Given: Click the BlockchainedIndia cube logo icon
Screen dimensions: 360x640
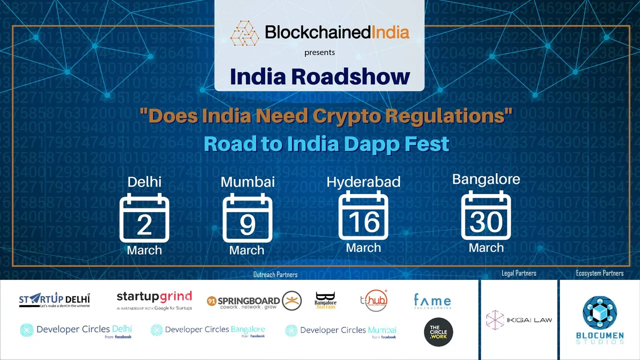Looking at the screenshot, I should pos(244,33).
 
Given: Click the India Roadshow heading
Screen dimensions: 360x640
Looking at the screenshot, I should pos(319,76).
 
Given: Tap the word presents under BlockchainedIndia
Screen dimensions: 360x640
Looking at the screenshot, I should pos(319,52).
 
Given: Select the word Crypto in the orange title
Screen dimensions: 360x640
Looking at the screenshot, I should pos(349,116).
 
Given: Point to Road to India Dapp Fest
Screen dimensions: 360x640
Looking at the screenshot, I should pos(326,143).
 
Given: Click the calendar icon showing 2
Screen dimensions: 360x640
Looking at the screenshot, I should pos(144,218).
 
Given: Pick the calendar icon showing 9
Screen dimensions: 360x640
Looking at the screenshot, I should pos(247,218).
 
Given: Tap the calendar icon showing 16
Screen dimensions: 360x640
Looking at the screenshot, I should pos(363,216).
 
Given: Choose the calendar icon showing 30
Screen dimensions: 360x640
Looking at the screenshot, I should pos(486,216).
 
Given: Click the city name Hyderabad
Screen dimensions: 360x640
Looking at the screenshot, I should pos(363,182).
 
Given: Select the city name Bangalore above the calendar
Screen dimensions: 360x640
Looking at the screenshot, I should pos(486,179).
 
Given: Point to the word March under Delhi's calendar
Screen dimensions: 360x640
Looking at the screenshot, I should pos(144,250).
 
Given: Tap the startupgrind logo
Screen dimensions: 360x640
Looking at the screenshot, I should pos(154,300).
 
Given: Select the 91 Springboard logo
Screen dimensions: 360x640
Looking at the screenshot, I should pos(254,301).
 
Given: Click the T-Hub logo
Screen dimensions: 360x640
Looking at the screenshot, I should pos(373,300).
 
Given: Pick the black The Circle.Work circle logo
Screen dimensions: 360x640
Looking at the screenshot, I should pos(438,332).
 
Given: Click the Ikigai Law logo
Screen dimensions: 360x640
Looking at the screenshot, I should pos(519,320).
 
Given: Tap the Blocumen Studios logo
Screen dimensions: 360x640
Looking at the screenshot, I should pos(599,320).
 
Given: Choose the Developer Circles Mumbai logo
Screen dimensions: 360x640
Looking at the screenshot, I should pos(341,331).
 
